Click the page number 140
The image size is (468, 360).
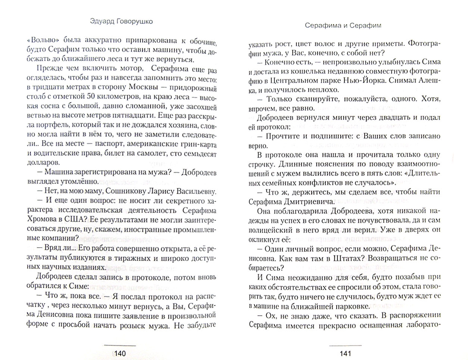(x=120, y=353)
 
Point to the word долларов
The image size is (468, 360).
(x=43, y=163)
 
